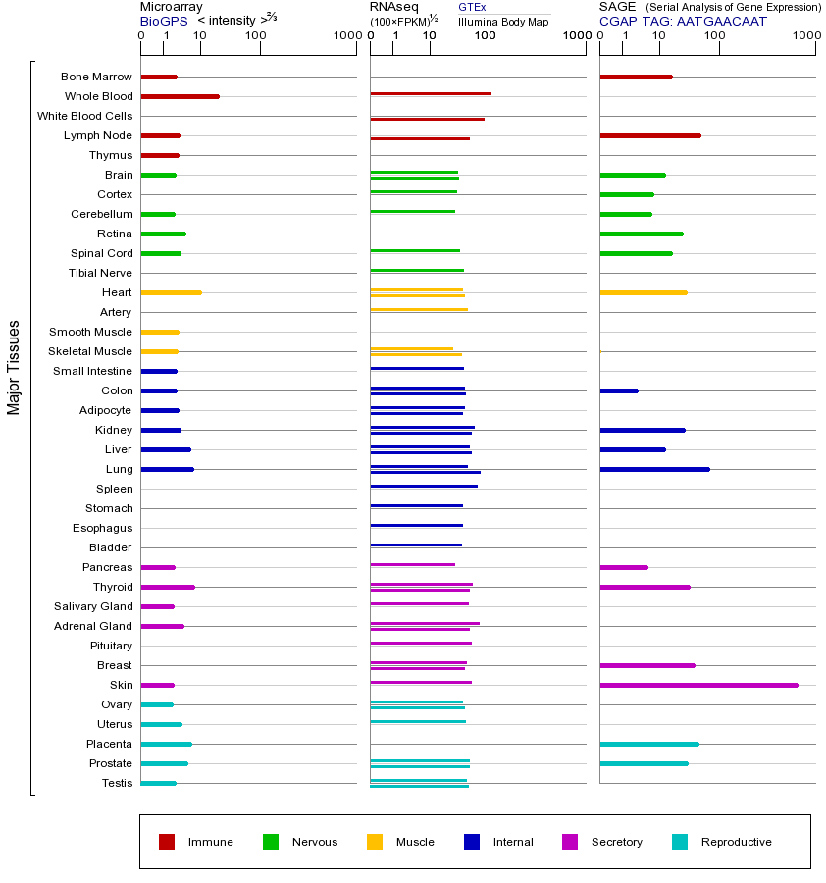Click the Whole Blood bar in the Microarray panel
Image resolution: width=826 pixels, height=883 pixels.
coord(180,96)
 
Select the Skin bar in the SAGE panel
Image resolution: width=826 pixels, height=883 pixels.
coord(698,685)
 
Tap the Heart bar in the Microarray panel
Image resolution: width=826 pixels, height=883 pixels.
coord(171,292)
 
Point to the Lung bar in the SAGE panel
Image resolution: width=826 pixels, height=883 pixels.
coord(654,469)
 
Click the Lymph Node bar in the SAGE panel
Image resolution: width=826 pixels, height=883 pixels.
coord(649,135)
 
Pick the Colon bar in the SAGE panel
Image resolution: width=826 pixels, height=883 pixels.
coord(618,390)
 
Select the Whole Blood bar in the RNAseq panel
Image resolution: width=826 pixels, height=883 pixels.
coord(430,94)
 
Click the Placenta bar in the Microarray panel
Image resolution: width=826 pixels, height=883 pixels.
coord(166,744)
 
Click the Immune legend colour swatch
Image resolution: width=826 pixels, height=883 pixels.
coord(167,842)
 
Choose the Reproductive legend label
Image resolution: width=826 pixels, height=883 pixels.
coord(736,842)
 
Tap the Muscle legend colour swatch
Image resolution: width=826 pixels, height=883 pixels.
coord(375,842)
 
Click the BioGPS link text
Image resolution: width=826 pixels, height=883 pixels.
coord(164,21)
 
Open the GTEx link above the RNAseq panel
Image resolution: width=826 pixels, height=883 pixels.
coord(472,8)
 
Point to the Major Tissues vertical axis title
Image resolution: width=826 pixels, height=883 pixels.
coord(14,367)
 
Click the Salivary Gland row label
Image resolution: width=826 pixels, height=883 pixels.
coord(96,606)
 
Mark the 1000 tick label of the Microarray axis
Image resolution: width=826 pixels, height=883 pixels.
coord(345,37)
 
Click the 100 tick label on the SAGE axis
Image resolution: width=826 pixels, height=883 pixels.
coord(715,37)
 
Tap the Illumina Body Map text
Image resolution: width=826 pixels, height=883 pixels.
coord(503,21)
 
